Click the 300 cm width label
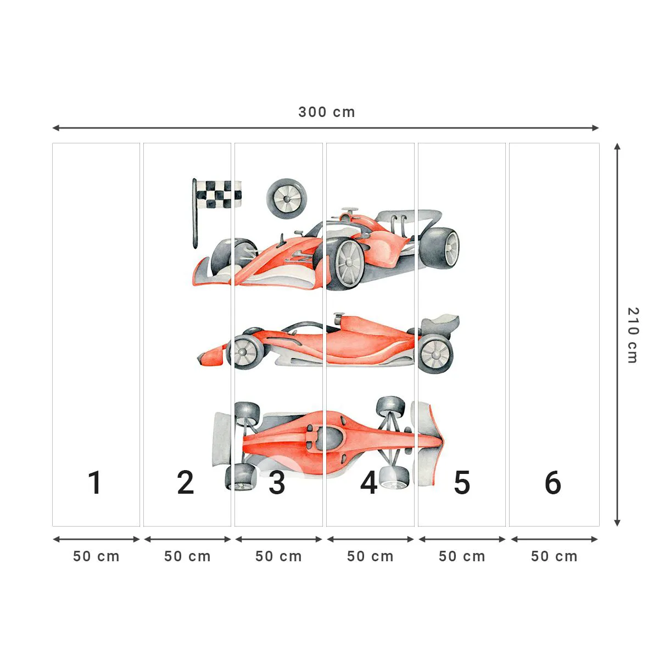327,112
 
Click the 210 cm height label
633,335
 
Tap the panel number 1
95,483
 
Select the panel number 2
186,483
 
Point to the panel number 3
277,483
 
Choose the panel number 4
368,483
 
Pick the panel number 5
462,483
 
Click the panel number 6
552,483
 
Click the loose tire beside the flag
287,198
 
